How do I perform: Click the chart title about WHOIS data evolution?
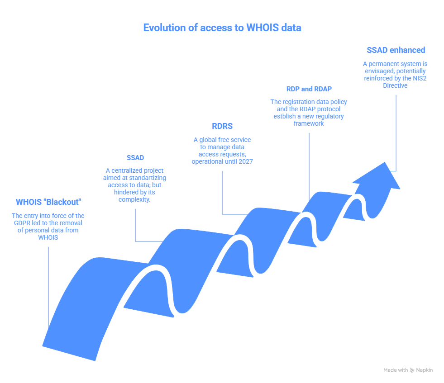[222, 28]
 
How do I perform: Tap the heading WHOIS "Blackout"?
[48, 202]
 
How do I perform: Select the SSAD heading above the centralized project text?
[135, 158]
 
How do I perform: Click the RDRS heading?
[222, 126]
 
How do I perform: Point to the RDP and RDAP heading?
[309, 89]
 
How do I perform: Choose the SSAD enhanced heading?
[396, 50]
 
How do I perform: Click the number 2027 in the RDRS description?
[245, 161]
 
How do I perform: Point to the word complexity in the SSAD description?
[135, 199]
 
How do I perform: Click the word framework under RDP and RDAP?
[309, 123]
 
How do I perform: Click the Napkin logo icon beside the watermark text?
[412, 370]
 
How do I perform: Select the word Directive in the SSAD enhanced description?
[395, 85]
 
